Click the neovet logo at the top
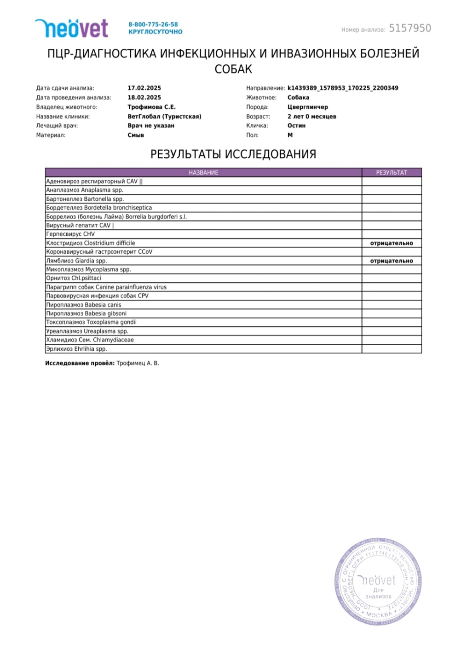pos(72,28)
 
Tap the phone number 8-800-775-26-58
pos(153,24)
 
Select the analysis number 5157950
pos(410,28)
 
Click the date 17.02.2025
pos(144,88)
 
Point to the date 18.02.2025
pos(144,97)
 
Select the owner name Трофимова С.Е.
pos(151,107)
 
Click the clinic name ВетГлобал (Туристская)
pos(164,116)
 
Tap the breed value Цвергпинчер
pos(307,107)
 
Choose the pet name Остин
pos(296,125)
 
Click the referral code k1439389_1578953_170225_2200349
pos(343,88)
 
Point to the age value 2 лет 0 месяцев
pos(311,116)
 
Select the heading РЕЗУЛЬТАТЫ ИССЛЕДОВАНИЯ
pos(233,154)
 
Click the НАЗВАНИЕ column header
pos(203,173)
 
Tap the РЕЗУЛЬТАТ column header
pos(392,173)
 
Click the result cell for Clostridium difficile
pos(392,243)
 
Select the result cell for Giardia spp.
pos(392,261)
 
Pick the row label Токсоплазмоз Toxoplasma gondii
pos(91,322)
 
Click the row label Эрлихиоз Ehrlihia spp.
pos(76,349)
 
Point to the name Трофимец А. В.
pos(138,363)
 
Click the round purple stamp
pos(378,582)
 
